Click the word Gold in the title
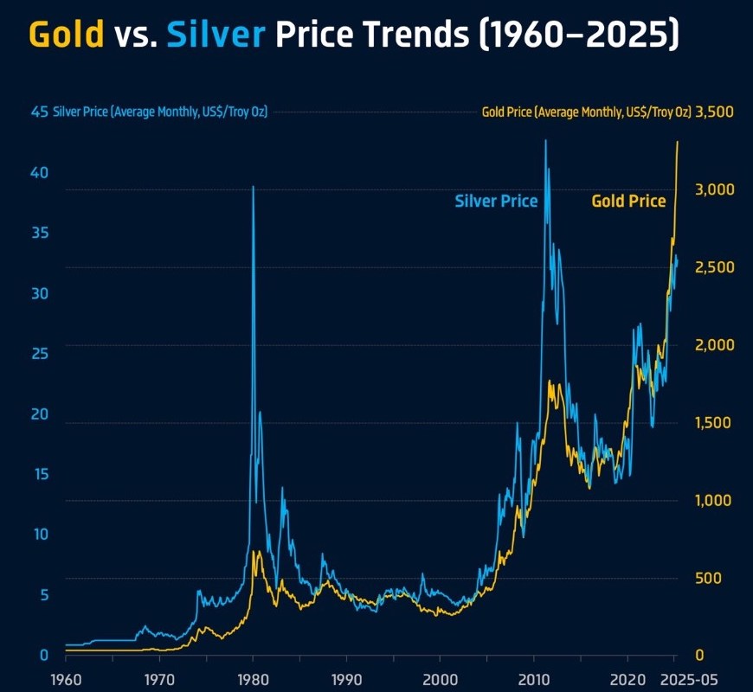(x=67, y=35)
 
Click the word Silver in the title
(x=215, y=35)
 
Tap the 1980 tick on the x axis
(x=252, y=679)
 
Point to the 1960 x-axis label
(x=65, y=679)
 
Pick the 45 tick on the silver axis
(x=39, y=112)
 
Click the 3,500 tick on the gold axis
(x=715, y=112)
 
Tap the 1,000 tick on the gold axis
(x=715, y=500)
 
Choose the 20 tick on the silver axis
(x=39, y=413)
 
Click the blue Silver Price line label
(x=497, y=202)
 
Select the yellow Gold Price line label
(x=628, y=202)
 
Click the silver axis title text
(x=160, y=112)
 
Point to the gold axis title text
(x=586, y=112)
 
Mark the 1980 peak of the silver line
(x=253, y=187)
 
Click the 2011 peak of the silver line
(x=545, y=141)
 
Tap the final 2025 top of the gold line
(x=677, y=142)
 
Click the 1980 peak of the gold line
(x=254, y=552)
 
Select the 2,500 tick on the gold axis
(x=715, y=267)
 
